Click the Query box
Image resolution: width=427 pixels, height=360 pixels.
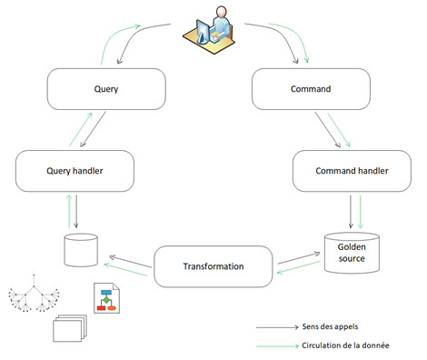pyautogui.click(x=106, y=89)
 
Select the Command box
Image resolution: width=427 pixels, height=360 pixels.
pyautogui.click(x=311, y=89)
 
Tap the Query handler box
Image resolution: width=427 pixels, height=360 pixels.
pyautogui.click(x=74, y=171)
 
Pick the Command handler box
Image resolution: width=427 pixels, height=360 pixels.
pyautogui.click(x=352, y=171)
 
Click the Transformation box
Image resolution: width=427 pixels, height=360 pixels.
pyautogui.click(x=213, y=266)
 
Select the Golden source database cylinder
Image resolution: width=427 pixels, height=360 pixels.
pyautogui.click(x=352, y=253)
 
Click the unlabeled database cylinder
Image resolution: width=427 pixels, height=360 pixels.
pyautogui.click(x=81, y=250)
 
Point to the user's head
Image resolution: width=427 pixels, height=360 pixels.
pyautogui.click(x=222, y=12)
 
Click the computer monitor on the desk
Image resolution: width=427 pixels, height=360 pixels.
pyautogui.click(x=203, y=31)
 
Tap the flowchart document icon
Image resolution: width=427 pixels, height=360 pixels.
pyautogui.click(x=106, y=298)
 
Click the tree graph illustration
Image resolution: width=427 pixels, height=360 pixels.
pyautogui.click(x=34, y=294)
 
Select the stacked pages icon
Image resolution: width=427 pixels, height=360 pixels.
pyautogui.click(x=70, y=328)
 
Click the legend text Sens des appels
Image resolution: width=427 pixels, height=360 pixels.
pyautogui.click(x=330, y=326)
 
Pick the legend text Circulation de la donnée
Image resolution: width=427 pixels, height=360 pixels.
pyautogui.click(x=345, y=345)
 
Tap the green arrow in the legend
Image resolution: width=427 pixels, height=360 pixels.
pyautogui.click(x=277, y=346)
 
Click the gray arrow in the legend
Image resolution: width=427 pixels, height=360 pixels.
pyautogui.click(x=277, y=327)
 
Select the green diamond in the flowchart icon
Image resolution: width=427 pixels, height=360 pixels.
pyautogui.click(x=106, y=300)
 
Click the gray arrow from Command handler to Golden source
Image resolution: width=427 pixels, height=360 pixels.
pyautogui.click(x=351, y=212)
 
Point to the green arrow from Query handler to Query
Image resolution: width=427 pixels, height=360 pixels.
pyautogui.click(x=81, y=129)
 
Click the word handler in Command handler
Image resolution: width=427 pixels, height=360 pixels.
pyautogui.click(x=373, y=171)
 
